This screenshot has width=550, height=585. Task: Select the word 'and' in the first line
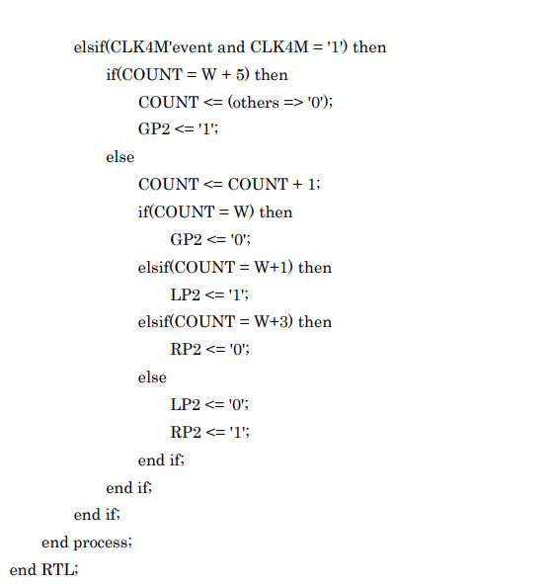coord(231,46)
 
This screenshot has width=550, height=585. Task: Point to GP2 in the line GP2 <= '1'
coord(154,129)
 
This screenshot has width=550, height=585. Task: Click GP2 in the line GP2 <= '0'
coord(186,239)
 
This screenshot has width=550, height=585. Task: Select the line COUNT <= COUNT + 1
coord(229,184)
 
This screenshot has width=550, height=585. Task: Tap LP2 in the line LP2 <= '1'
coord(186,294)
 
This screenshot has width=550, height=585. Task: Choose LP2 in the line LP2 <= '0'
coord(186,404)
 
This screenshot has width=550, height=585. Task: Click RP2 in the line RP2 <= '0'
coord(186,350)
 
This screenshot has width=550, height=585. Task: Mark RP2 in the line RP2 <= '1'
coord(186,432)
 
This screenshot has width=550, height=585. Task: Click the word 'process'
coord(101,543)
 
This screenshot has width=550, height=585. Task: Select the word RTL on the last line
coord(57,570)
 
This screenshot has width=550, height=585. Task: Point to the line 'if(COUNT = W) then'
coord(215,211)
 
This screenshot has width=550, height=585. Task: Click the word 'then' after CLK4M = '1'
coord(369,46)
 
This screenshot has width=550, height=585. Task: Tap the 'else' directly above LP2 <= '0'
coord(152,376)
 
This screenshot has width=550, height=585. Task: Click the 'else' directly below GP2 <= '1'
coord(120,156)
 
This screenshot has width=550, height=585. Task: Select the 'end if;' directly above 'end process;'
coord(97,515)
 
